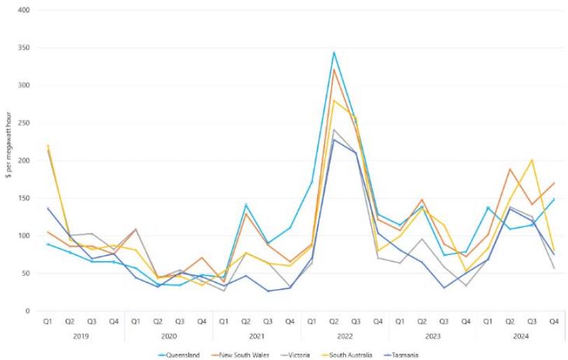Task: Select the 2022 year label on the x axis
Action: [x=345, y=335]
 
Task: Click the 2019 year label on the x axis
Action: [x=81, y=335]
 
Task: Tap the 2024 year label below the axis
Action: [x=521, y=335]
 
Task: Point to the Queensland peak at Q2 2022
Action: [x=334, y=53]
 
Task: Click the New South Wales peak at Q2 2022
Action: [x=334, y=69]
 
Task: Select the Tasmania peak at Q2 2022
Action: [x=334, y=139]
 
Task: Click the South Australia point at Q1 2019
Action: [x=48, y=146]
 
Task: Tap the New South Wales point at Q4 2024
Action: [x=554, y=183]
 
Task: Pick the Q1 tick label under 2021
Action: [x=223, y=322]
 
